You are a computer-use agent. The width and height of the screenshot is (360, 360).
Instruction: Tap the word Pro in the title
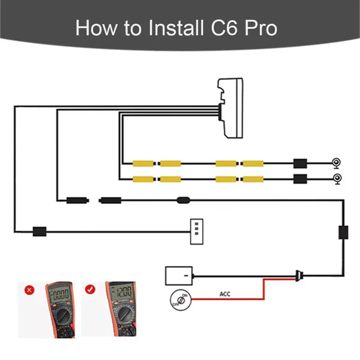coord(260,28)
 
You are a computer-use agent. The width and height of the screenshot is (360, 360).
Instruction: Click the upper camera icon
coord(337,163)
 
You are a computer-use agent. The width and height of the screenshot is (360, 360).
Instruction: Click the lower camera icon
coord(337,178)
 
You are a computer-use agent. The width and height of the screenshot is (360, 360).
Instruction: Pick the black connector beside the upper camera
coord(300,163)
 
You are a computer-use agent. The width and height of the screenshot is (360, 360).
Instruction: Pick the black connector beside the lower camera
coord(300,178)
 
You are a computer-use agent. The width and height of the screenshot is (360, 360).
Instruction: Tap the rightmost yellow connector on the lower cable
coord(256,178)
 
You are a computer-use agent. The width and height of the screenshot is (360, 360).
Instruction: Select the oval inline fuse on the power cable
coord(184,200)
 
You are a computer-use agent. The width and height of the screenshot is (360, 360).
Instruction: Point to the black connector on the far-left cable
coord(40,230)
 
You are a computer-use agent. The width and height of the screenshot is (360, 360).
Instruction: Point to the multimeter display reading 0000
coord(60,296)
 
